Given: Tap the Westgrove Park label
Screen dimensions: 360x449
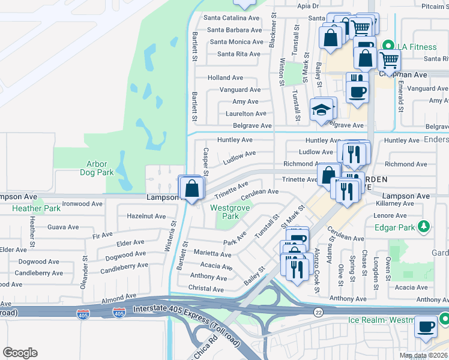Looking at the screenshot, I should coord(225,211).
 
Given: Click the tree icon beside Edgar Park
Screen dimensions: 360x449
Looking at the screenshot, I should coord(424,226).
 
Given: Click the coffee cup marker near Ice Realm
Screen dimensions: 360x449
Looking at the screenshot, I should coord(426,328).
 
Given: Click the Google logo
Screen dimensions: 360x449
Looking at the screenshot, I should coord(19,353).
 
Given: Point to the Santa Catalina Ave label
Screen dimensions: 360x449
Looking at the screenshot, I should coord(231,17).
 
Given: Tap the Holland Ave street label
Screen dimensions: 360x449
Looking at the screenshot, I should coord(225,77).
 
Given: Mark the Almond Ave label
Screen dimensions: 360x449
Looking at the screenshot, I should coord(118,297).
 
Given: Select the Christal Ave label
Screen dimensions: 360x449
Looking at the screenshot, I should coord(206,289).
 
